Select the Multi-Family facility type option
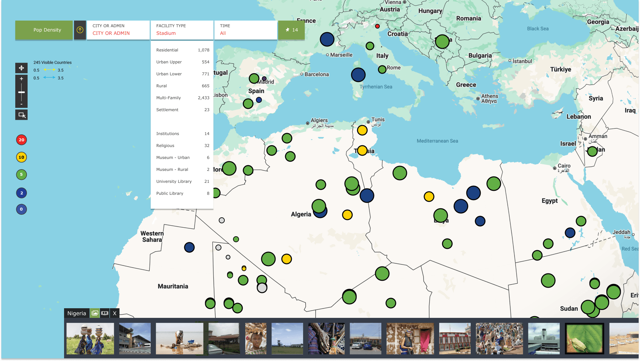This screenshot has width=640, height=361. point(182,98)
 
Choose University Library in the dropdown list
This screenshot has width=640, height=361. point(182,181)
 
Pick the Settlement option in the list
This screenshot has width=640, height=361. point(182,110)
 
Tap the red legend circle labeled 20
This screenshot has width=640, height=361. point(22,140)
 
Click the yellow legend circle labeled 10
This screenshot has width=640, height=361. point(22,157)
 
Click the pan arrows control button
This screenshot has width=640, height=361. point(21,68)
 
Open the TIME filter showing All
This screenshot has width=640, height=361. point(246,30)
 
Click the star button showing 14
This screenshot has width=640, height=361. point(291,30)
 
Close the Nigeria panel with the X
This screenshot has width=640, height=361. point(115,313)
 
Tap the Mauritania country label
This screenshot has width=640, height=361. point(173,286)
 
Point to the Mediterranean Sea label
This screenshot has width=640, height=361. point(437,141)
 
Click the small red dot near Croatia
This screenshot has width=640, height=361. point(377,26)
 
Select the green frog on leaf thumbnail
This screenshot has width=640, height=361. point(584,338)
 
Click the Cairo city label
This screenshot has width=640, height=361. point(564,166)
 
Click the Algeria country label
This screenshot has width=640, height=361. point(301,214)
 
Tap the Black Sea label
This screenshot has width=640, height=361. point(538,29)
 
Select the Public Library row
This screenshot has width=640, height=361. point(182,193)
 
